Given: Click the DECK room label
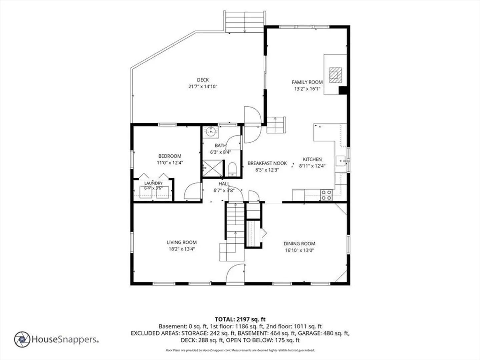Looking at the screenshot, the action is (x=203, y=80).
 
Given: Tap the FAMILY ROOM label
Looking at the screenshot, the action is (x=307, y=82).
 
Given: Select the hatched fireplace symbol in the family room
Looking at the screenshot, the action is (x=336, y=75).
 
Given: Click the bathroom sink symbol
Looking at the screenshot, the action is (x=211, y=131).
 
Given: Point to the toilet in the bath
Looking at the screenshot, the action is (x=232, y=169).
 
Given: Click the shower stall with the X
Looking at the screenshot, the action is (x=212, y=168).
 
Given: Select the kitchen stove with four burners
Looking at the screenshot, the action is (x=326, y=195).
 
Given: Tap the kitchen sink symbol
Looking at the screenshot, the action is (x=340, y=161).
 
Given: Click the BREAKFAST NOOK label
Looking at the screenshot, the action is (x=267, y=163).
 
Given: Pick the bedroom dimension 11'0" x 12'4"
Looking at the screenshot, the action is (x=170, y=163).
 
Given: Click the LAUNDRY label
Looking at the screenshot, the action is (x=153, y=183).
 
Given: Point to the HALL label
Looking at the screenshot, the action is (x=224, y=184).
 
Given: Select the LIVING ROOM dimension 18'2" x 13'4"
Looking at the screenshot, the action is (x=182, y=249).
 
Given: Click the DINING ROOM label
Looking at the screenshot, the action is (x=299, y=243).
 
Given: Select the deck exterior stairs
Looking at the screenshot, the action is (x=245, y=22).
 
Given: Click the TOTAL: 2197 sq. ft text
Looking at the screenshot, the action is (x=240, y=319).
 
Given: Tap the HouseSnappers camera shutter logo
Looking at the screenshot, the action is (x=22, y=339).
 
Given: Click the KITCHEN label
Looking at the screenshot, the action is (x=312, y=159).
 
